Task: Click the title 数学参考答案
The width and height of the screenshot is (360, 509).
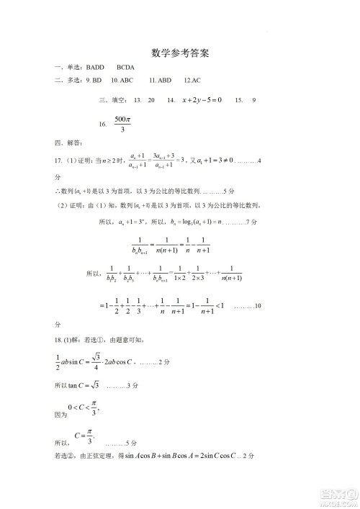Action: [181, 53]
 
